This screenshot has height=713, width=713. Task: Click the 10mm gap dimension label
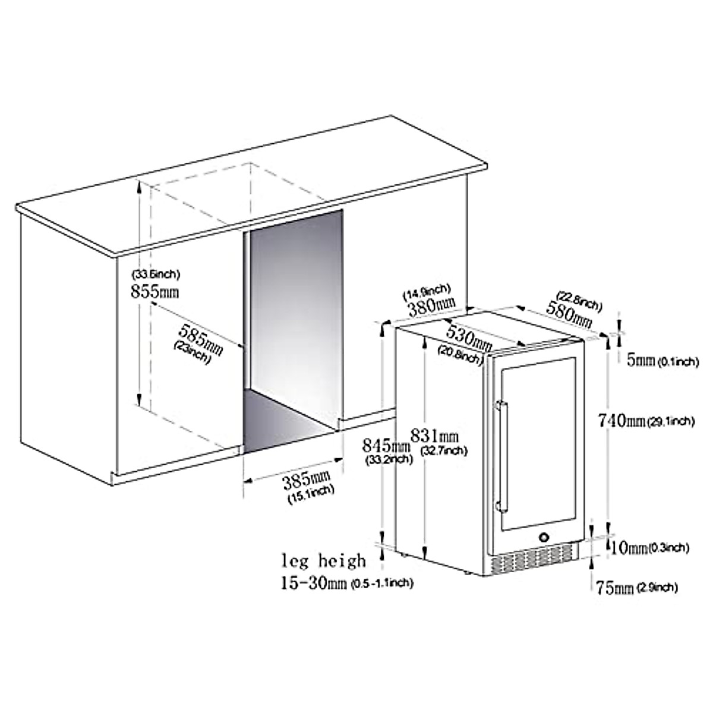click(x=629, y=547)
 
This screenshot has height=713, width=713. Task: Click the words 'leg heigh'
click(x=324, y=560)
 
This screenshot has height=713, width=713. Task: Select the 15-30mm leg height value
click(x=314, y=583)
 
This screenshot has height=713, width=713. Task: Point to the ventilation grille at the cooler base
click(x=535, y=559)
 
